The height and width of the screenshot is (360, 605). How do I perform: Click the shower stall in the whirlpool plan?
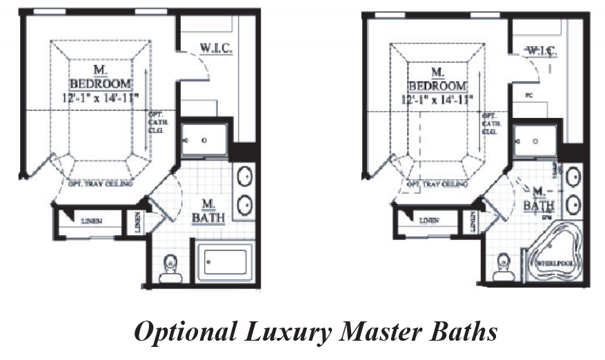pyautogui.click(x=537, y=140)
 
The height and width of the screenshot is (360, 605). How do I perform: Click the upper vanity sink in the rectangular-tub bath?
pyautogui.click(x=244, y=177)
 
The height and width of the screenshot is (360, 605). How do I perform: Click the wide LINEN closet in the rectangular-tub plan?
pyautogui.click(x=92, y=221)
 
